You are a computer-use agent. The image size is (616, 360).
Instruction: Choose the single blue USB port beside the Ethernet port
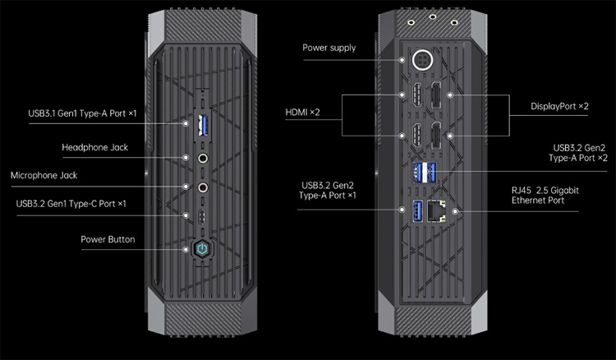coord(417,210)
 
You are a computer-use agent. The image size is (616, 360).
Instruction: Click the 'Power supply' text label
coord(329,48)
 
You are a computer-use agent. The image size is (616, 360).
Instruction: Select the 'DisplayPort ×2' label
coord(559,107)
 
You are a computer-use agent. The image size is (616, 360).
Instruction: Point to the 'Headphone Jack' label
coord(94,148)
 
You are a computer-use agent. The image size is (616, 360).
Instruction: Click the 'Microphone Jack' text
coord(49,176)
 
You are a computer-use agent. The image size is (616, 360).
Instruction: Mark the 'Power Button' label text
coord(108,240)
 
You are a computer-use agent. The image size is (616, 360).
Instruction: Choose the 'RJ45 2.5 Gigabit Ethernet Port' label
coord(545,195)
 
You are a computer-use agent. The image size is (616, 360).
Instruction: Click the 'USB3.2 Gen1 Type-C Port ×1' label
coord(71,204)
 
